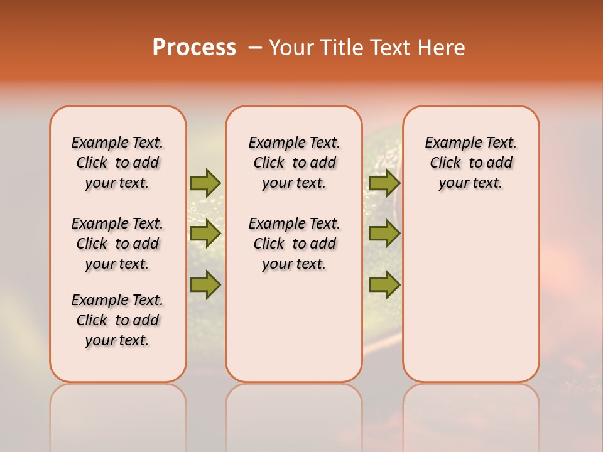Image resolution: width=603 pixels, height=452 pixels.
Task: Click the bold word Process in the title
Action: coord(194,48)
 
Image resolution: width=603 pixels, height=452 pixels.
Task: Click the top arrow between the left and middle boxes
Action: coord(205,183)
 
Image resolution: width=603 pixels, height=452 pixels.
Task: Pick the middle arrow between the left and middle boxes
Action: coord(205,234)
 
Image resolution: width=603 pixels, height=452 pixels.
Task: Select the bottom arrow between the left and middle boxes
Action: coord(205,285)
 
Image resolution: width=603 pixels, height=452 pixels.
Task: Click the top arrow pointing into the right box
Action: coord(384,183)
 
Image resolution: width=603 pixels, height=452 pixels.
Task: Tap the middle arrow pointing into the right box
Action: coord(384,234)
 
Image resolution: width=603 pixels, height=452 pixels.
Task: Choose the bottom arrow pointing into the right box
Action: coord(384,285)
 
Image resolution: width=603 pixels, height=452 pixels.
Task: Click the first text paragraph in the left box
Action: coord(117,163)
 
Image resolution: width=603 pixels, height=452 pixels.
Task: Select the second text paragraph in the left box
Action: coord(117,244)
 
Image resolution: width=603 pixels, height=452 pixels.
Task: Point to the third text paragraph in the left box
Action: coord(117,320)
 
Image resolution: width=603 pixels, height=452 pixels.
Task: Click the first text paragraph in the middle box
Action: coord(294,163)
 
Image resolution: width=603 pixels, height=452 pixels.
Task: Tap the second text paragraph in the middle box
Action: coord(294,244)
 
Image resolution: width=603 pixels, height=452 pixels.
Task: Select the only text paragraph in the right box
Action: coord(470,163)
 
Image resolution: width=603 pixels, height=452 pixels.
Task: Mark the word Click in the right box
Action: coord(445,163)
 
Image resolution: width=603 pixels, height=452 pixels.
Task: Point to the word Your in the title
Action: coord(291,48)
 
